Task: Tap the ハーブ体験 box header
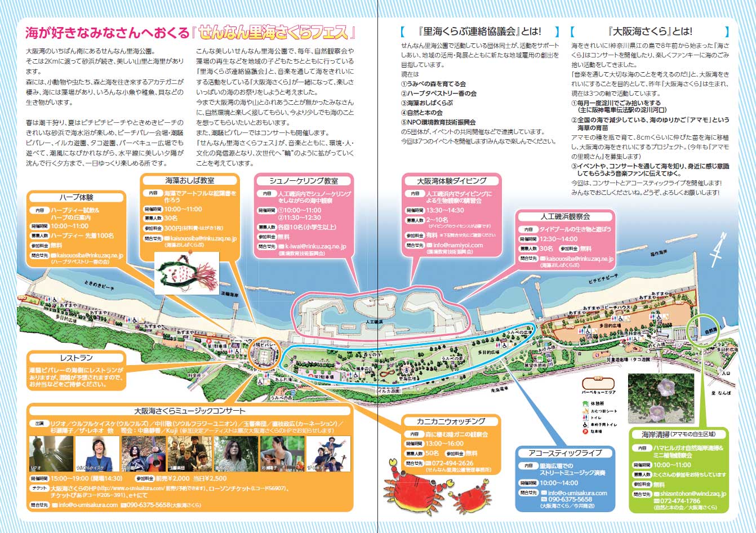[x=76, y=198]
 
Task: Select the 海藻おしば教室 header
[x=189, y=181]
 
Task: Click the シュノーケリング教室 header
[x=304, y=181]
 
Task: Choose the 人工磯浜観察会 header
[x=565, y=216]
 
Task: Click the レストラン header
[x=76, y=358]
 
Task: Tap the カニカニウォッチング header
[x=451, y=421]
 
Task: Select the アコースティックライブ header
[x=565, y=452]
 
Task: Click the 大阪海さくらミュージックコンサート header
[x=189, y=411]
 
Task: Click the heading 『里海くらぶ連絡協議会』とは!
[x=479, y=32]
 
